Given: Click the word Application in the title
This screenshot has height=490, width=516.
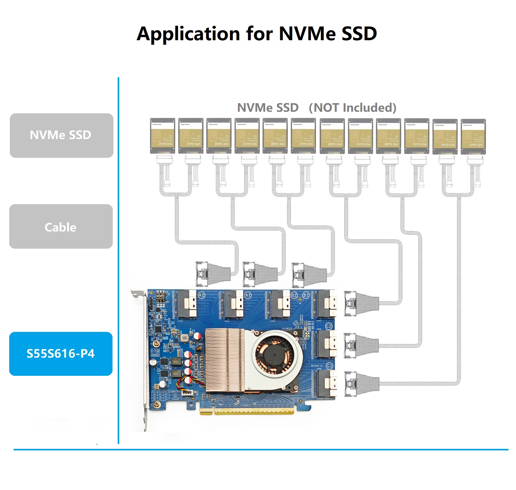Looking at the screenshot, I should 188,34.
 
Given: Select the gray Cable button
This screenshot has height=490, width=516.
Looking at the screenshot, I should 61,227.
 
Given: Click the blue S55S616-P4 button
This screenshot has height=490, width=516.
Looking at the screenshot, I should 61,354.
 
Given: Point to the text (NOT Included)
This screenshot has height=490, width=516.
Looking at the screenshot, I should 353,108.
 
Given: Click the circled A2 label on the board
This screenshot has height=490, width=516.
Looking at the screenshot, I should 202,295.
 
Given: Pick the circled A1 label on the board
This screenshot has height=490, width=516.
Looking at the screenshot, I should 248,295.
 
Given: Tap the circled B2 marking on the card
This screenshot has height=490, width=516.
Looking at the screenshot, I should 294,295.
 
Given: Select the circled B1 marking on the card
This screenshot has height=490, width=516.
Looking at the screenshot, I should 306,295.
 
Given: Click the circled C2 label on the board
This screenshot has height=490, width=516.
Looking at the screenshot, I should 329,326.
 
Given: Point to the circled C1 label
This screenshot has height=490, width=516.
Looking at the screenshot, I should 329,366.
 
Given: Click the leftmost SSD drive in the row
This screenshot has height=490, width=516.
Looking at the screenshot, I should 163,136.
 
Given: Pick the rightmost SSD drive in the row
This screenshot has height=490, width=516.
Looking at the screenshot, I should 473,137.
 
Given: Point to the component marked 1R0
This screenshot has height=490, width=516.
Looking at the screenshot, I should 184,338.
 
